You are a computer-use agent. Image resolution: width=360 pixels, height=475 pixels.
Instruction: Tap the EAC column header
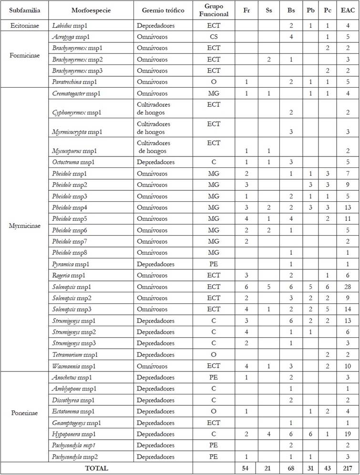point(348,10)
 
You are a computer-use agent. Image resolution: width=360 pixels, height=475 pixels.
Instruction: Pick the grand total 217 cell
point(348,468)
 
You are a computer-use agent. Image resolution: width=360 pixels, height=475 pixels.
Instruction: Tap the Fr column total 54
point(247,468)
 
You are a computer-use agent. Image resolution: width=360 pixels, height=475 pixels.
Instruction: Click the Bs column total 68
point(291,468)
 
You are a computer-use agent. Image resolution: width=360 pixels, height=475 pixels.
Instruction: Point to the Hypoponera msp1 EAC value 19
point(348,434)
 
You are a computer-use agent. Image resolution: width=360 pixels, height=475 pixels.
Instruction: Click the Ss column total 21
point(268,468)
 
